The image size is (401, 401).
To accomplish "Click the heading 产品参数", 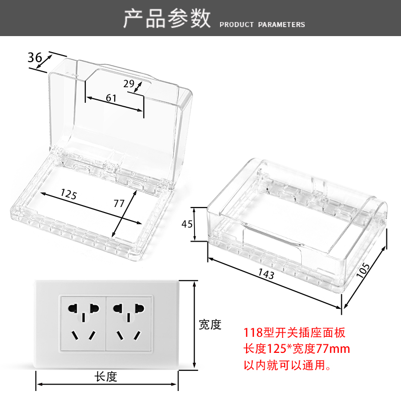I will [x=167, y=19].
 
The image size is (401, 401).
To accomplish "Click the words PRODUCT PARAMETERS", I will [x=262, y=25].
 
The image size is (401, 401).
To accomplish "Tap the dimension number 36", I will [x=35, y=58].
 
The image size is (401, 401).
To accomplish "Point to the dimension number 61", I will [x=111, y=98].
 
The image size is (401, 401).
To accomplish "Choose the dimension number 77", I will [x=119, y=203].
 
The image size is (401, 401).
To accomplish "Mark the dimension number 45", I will [x=187, y=224].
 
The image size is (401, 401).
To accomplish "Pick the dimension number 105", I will [x=365, y=272].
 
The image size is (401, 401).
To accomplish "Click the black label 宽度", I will [x=210, y=325].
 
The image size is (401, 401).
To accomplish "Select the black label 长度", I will [x=105, y=376].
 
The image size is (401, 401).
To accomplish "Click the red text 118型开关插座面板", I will [x=294, y=332].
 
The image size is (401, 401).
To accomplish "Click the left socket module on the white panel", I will [x=83, y=322].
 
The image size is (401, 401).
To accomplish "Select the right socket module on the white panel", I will [x=130, y=322].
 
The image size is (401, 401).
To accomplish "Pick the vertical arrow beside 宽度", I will [x=194, y=325].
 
